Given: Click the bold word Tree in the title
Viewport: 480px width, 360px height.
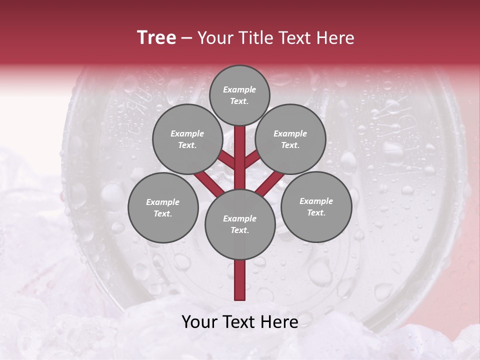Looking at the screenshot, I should click(x=156, y=37).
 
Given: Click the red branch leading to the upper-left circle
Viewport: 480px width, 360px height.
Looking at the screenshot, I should click(x=226, y=160).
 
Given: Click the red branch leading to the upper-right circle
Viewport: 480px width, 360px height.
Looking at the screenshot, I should click(x=253, y=159).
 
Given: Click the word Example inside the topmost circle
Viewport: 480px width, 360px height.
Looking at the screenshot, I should click(x=239, y=89).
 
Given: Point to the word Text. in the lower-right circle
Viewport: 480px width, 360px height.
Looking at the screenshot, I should click(x=316, y=212).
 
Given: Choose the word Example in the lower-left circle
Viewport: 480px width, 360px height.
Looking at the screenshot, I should click(x=162, y=202).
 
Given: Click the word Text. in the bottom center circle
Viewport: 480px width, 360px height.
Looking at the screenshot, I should click(x=239, y=230).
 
